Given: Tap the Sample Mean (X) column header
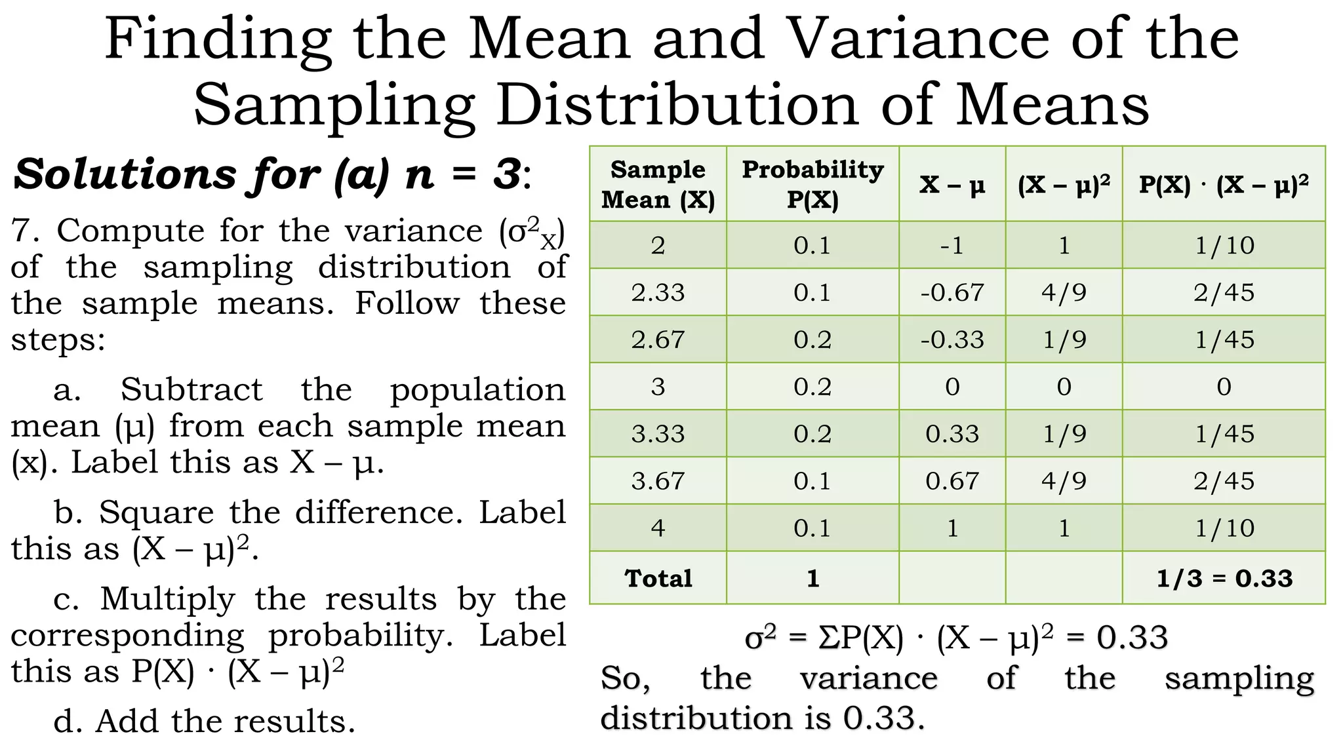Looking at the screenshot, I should coord(658,184).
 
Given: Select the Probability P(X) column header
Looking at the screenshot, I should coord(812,184).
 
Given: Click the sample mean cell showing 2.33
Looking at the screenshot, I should coord(658,292).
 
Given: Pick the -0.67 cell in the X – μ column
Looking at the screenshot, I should coord(952,292).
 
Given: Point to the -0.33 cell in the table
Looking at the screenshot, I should coord(952,339).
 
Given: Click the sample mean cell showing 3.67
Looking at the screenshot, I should coord(658,481).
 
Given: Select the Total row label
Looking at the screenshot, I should coord(658,578).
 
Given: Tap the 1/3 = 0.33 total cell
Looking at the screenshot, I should coord(1224,578).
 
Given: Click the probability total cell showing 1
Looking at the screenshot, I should coord(812,578).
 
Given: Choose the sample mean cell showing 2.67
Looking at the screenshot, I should coord(658,339).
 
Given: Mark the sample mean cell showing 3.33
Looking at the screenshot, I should coord(658,434).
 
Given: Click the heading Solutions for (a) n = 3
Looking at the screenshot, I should coord(272,175).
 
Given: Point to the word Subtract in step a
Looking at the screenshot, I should coord(191,389).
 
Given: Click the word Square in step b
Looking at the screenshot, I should coord(156,512).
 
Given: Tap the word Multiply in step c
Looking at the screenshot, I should coord(167,598).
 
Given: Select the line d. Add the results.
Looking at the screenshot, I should coord(204,722).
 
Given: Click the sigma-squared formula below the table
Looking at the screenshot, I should coord(956,638).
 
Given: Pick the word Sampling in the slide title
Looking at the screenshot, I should coord(334,105).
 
